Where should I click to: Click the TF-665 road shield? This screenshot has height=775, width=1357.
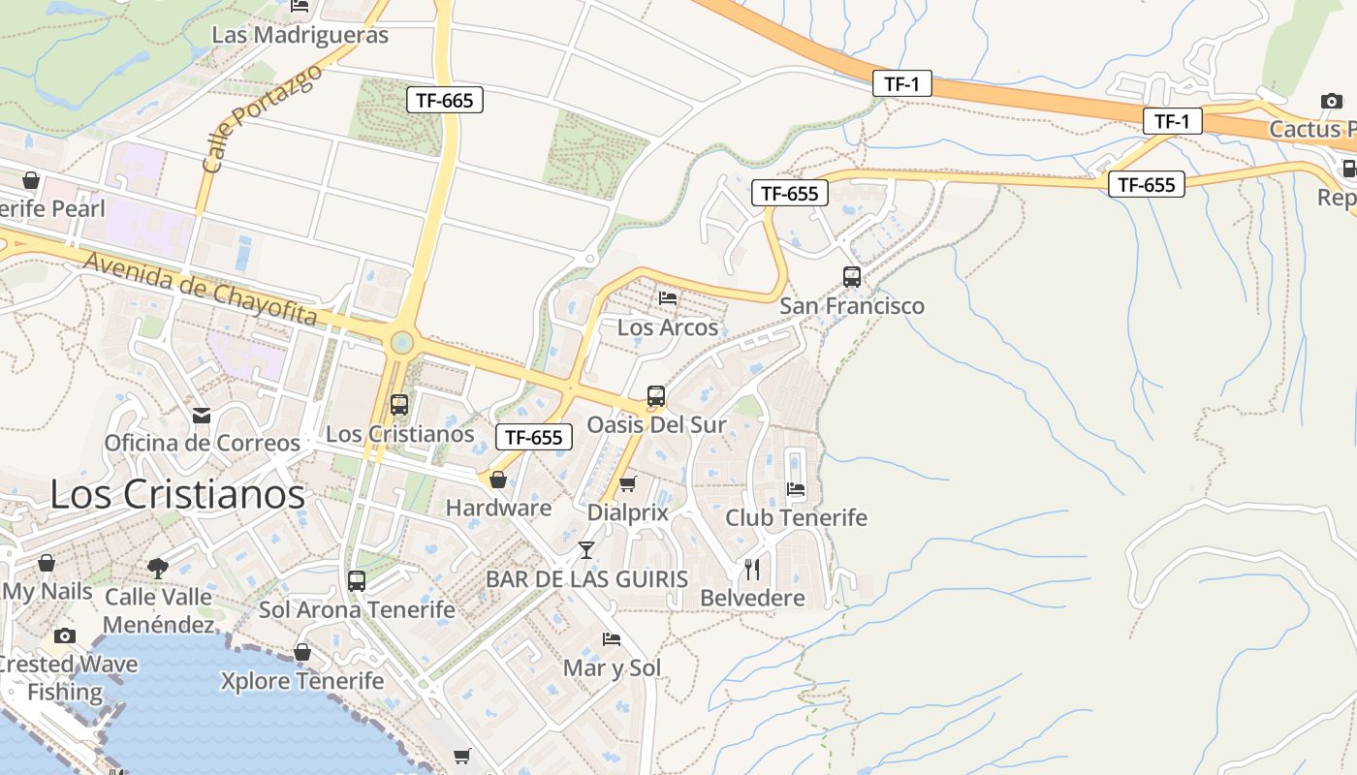click(444, 99)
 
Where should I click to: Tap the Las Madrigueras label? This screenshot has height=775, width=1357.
click(300, 36)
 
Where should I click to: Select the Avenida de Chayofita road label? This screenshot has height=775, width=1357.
click(201, 289)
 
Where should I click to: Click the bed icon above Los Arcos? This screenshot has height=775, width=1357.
click(668, 297)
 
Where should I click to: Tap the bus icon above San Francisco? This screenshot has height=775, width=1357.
click(852, 277)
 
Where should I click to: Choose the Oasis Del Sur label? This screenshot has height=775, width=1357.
click(656, 424)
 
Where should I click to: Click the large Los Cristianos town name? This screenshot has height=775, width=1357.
click(177, 494)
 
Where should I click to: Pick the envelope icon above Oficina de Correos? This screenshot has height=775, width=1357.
click(202, 416)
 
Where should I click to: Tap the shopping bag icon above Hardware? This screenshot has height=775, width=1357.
click(498, 480)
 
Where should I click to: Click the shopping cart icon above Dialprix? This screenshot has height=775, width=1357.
click(628, 483)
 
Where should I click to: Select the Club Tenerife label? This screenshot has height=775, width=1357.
click(796, 517)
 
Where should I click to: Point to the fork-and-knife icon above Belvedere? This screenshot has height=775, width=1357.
click(752, 569)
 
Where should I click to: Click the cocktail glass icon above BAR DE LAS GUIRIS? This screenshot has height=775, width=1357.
click(585, 550)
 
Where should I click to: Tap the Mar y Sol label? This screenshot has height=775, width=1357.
click(612, 667)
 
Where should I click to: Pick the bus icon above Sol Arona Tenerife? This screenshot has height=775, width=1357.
click(357, 581)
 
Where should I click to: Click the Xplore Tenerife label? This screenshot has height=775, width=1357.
click(302, 681)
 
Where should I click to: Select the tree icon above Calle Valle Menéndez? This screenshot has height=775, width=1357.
click(158, 568)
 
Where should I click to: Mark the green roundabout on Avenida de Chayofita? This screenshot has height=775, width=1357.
click(401, 342)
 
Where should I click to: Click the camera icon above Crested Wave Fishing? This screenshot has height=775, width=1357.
click(65, 635)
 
